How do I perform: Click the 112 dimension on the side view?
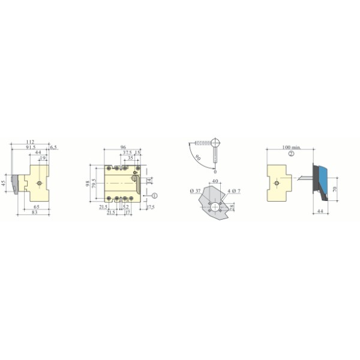30,142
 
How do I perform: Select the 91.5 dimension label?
31,148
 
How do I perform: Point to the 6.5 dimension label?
53,147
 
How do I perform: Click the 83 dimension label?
35,212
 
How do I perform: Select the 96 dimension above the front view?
122,147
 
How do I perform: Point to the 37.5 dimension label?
127,152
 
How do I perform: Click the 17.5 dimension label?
150,207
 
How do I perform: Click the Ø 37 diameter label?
194,190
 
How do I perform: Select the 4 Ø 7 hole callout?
234,190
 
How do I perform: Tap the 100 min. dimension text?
292,148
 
